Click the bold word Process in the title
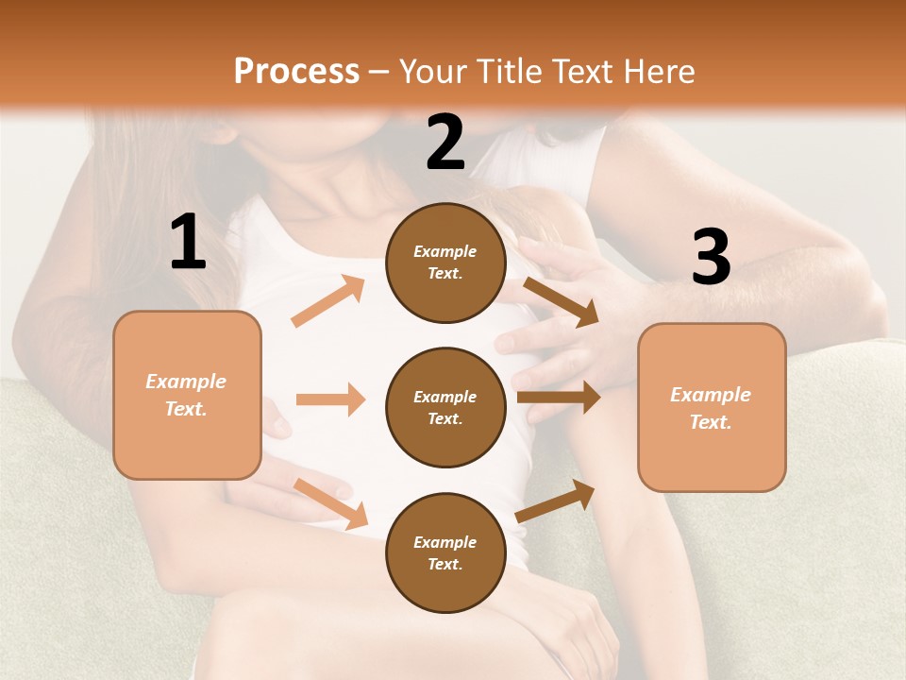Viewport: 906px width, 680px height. pos(296,72)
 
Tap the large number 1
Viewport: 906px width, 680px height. pos(188,243)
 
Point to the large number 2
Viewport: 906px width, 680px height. pos(445,143)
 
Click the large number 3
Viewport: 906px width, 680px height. pos(711,257)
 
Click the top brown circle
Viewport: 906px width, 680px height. pos(445,263)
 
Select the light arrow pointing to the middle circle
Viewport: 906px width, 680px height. pos(330,399)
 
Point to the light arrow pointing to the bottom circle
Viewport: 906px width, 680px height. pos(330,502)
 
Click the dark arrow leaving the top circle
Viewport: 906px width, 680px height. pos(562,301)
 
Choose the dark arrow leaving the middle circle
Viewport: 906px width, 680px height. pos(559,398)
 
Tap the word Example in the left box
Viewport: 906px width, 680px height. pos(186,382)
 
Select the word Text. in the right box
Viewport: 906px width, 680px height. pos(711,422)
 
